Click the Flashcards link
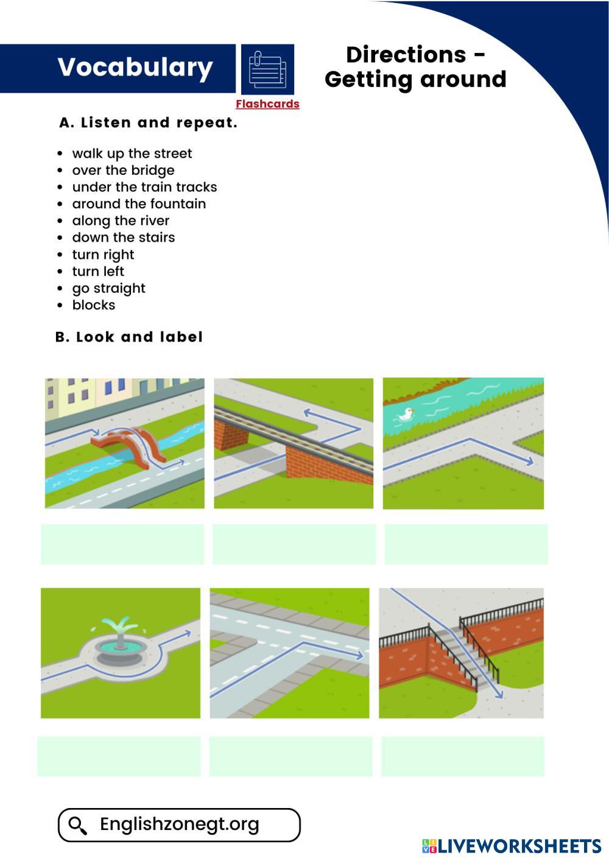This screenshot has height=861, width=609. [x=267, y=104]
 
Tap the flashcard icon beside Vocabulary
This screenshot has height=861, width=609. [x=267, y=69]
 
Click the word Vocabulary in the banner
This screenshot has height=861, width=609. [x=135, y=68]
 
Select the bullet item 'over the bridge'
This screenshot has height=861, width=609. [x=123, y=170]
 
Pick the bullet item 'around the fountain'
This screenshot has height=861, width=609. [x=139, y=204]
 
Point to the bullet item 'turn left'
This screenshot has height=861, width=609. [x=98, y=272]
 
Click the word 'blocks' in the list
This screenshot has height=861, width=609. [x=94, y=305]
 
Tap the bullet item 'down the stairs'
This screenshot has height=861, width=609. [x=124, y=237]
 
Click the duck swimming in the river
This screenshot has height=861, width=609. [x=404, y=415]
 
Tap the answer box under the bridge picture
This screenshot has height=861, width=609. [x=122, y=544]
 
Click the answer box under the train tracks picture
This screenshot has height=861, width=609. [x=294, y=544]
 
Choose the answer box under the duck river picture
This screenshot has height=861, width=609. [x=466, y=544]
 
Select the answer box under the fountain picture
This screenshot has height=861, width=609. [x=119, y=756]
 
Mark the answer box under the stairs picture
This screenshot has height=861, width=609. [x=463, y=756]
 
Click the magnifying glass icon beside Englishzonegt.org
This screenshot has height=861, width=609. [x=77, y=825]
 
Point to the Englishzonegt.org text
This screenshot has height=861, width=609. [x=180, y=824]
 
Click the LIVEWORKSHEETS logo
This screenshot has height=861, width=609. [x=511, y=846]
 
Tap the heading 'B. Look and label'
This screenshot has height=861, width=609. [x=129, y=337]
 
